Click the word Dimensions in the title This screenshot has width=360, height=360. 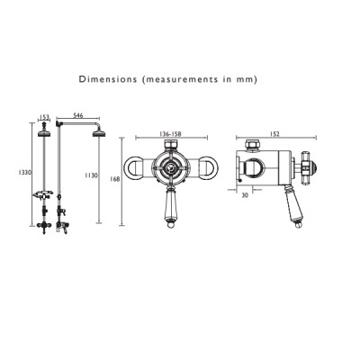click(x=108, y=79)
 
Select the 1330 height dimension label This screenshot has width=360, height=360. click(x=24, y=172)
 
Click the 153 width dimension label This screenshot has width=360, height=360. click(x=44, y=117)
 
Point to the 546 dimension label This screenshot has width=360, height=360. click(x=78, y=115)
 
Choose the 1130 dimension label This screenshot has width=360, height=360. click(x=92, y=175)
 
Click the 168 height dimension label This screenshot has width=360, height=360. click(x=115, y=179)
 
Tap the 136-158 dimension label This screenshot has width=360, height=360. click(x=171, y=134)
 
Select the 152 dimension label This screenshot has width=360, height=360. click(x=274, y=134)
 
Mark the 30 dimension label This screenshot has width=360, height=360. click(x=245, y=195)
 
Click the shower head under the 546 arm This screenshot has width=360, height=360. click(x=99, y=133)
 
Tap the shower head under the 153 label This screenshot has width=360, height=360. click(x=45, y=131)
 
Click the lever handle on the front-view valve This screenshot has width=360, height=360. click(x=171, y=206)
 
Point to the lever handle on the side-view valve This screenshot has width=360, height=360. click(x=293, y=206)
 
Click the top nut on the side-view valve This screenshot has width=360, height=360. click(x=253, y=145)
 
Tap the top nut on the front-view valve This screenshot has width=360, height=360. click(x=171, y=145)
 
